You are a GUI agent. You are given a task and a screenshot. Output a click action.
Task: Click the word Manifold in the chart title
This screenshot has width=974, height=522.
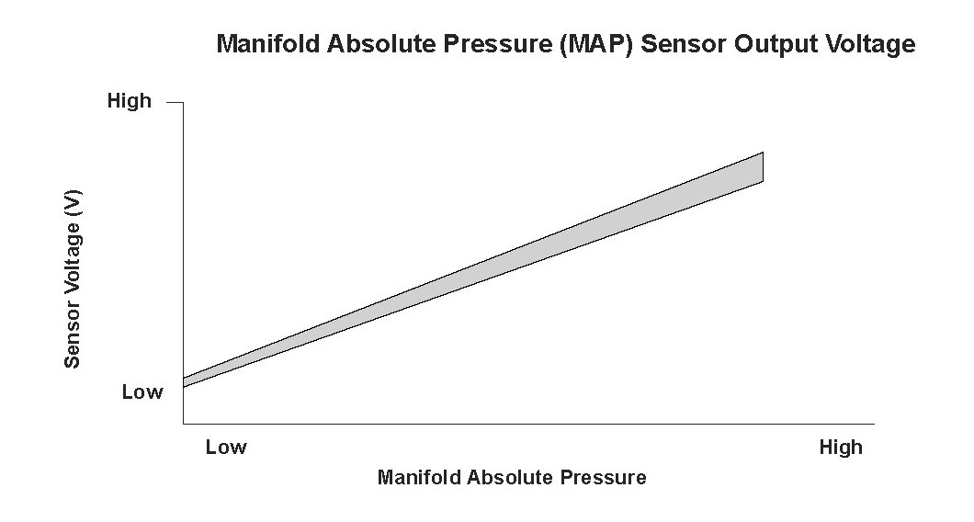click(x=268, y=44)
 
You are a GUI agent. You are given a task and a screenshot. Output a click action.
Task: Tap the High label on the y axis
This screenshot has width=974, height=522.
click(x=130, y=101)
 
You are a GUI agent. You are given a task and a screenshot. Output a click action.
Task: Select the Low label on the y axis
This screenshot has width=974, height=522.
click(x=142, y=392)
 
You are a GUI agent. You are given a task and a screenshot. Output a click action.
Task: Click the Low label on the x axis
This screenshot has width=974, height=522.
click(x=226, y=447)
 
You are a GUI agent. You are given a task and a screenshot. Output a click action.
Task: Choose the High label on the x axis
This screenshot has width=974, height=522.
click(x=841, y=448)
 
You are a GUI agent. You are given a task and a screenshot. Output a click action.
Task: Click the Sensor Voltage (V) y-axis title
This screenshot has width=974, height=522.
click(x=74, y=279)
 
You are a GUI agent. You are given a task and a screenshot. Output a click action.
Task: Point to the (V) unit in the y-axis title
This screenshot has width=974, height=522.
click(x=74, y=202)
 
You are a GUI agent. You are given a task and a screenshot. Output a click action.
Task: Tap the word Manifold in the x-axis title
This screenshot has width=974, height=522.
click(x=419, y=477)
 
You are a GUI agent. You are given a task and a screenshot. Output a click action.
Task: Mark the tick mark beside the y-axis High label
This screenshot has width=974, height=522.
click(x=176, y=103)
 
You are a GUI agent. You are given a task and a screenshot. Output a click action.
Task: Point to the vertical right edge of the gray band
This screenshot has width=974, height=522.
click(x=763, y=166)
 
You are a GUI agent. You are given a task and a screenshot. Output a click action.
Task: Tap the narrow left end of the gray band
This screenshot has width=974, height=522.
click(x=185, y=383)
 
